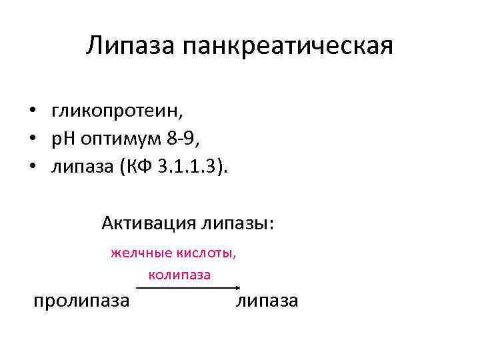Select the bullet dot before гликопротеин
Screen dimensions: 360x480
coord(31,110)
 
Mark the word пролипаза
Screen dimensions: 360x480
coord(81,301)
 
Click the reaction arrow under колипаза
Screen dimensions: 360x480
coord(187,287)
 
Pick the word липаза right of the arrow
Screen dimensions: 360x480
coord(267,301)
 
